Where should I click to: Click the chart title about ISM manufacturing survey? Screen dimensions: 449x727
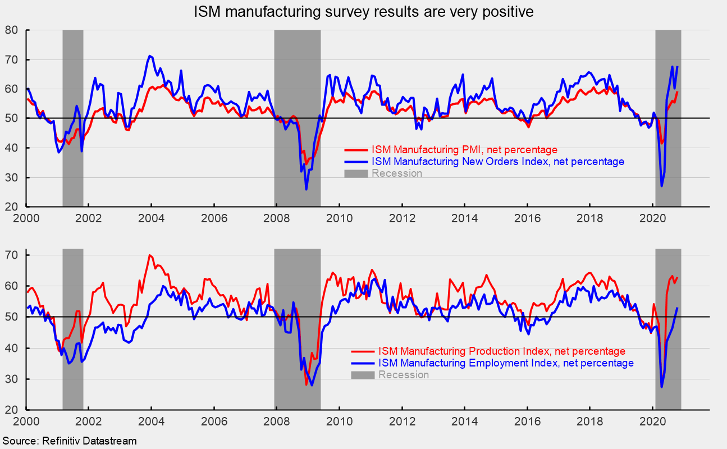point(363,12)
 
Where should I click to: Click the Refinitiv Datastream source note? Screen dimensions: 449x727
point(70,441)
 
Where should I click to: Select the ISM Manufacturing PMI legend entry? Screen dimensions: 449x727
point(464,150)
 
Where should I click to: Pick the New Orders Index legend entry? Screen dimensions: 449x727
point(497,162)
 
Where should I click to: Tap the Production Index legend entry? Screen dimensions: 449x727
point(501,351)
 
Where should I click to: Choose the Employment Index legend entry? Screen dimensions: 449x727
point(506,363)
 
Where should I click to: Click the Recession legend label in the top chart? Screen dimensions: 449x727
point(396,173)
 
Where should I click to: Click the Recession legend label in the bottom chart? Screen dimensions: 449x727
point(403,375)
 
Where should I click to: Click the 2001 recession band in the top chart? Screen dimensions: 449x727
point(72,118)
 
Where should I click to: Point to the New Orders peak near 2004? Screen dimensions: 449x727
point(149,56)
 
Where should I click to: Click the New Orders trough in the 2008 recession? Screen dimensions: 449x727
point(306,189)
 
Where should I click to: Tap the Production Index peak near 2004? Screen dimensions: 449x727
point(149,255)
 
